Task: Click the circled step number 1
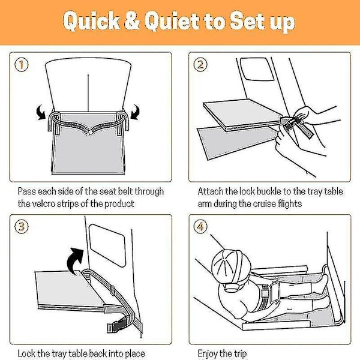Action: (22, 64)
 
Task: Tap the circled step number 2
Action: (200, 65)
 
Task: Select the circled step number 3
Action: (22, 227)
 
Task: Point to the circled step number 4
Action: (200, 227)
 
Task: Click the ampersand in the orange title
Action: (132, 21)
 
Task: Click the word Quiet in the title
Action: (172, 21)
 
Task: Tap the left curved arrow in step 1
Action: (41, 112)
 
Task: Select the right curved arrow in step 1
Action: (135, 112)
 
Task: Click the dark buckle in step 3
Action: (117, 324)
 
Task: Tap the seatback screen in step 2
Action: (257, 69)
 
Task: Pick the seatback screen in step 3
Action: (107, 245)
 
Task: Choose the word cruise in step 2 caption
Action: (264, 204)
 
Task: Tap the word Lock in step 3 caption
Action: (26, 353)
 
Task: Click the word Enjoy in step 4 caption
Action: (207, 354)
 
